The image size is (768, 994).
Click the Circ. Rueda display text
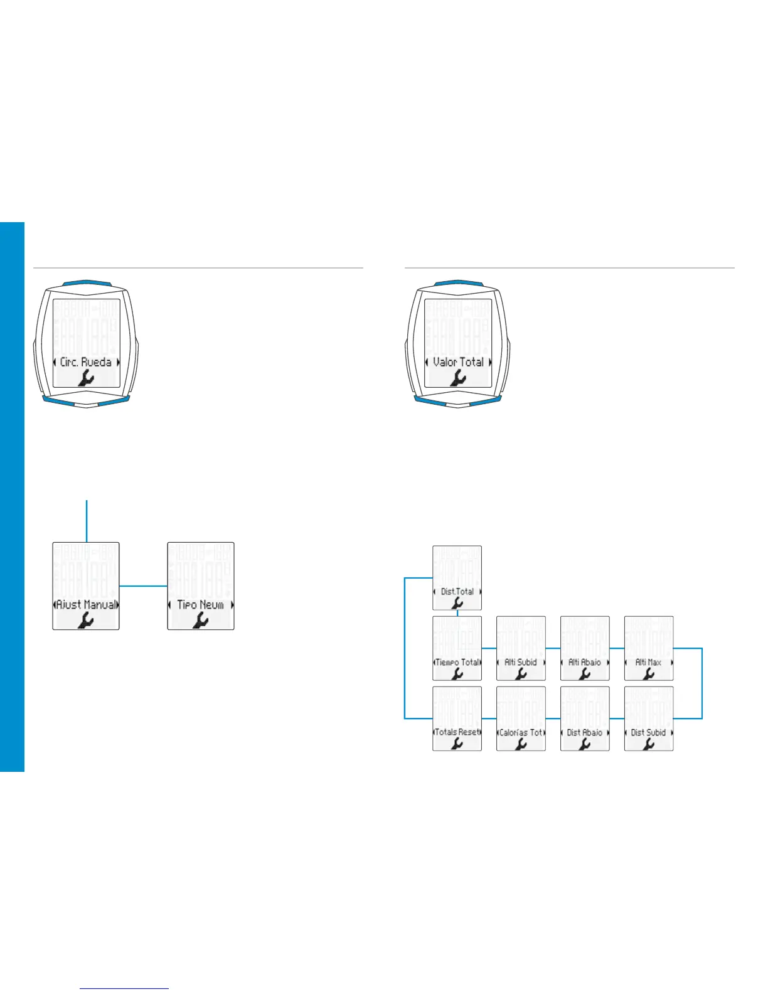pyautogui.click(x=86, y=362)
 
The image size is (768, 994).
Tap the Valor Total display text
pyautogui.click(x=458, y=362)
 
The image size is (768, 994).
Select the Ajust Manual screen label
pyautogui.click(x=86, y=605)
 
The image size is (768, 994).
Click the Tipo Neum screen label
pyautogui.click(x=200, y=605)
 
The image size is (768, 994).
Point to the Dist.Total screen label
pyautogui.click(x=457, y=591)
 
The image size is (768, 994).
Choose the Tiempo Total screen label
pyautogui.click(x=457, y=662)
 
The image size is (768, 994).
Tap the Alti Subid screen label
pyautogui.click(x=521, y=662)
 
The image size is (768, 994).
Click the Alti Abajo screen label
pyautogui.click(x=585, y=662)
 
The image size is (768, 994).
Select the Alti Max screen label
pyautogui.click(x=648, y=662)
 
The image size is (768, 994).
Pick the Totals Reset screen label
pyautogui.click(x=457, y=732)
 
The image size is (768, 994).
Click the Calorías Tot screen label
pyautogui.click(x=521, y=732)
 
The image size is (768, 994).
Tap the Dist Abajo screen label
pyautogui.click(x=585, y=732)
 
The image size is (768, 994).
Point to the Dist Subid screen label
pyautogui.click(x=648, y=732)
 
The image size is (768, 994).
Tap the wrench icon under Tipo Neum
pyautogui.click(x=201, y=620)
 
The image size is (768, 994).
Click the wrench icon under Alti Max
pyautogui.click(x=649, y=673)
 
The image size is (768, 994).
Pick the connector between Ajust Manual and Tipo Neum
pyautogui.click(x=143, y=586)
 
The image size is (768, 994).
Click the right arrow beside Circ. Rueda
pyautogui.click(x=117, y=362)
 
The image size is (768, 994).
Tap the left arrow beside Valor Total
pyautogui.click(x=427, y=362)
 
